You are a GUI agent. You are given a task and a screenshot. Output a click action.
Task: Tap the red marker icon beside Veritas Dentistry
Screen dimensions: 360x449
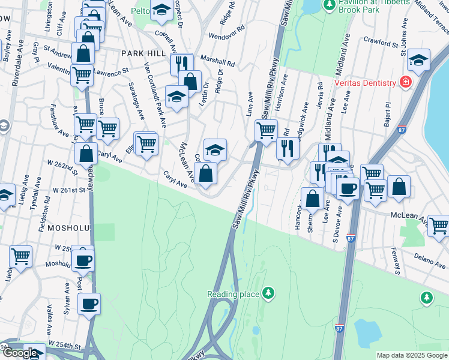click(406, 82)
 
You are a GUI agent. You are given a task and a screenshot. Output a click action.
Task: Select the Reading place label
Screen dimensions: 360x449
click(233, 294)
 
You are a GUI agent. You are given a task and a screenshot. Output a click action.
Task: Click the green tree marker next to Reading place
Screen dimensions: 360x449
click(270, 293)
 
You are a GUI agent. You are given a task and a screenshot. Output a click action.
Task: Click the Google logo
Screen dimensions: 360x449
click(20, 353)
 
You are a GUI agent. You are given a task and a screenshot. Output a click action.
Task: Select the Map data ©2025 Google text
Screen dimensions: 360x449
click(411, 355)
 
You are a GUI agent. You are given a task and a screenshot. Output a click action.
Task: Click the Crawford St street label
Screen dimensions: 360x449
click(381, 43)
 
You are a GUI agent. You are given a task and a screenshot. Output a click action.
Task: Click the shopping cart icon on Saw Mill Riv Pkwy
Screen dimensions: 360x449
click(265, 130)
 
